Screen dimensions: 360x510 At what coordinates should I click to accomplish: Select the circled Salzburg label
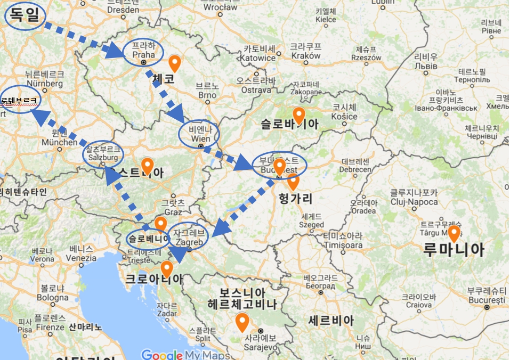coord(103,154)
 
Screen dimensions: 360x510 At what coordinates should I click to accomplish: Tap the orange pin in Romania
coord(454,233)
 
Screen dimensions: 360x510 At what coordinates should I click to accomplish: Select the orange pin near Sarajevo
coord(242,322)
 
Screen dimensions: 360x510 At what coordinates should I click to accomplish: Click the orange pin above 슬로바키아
coord(299,114)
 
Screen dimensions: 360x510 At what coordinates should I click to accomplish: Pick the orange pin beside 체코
coord(174,63)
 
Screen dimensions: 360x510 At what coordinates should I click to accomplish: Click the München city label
coord(59,142)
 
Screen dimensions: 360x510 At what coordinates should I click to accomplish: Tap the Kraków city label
coord(305,55)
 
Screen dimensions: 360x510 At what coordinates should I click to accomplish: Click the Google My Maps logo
coord(185,355)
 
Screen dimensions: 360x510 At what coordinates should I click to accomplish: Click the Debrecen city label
coord(355,169)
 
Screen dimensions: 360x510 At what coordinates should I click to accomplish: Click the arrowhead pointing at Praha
coord(115,51)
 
